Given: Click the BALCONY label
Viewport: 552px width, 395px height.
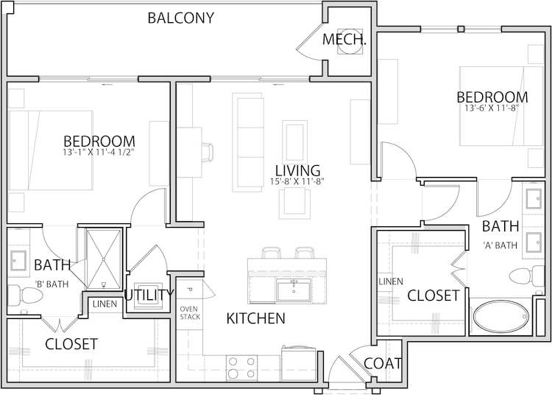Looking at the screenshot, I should pos(181,18).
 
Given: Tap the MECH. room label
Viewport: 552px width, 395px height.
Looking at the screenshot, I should pos(344,40).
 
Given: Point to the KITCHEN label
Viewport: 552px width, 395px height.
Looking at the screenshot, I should pos(255,319).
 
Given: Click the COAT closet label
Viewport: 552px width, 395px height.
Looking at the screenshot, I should pos(383,363).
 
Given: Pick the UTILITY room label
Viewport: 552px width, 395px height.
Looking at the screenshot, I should pos(149,296).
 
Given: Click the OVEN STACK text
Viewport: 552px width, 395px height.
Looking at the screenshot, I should pos(189,312).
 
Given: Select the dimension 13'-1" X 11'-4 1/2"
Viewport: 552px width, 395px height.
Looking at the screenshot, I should pos(99,153).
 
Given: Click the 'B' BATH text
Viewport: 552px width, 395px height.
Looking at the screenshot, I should pos(52,282).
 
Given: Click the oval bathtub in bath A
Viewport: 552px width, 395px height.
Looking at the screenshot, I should pos(500,317).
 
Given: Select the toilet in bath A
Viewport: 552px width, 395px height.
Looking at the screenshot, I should pos(523,277).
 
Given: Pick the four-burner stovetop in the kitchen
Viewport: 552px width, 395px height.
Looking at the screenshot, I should pos(241,367).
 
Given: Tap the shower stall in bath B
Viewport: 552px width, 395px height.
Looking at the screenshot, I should pos(102,258).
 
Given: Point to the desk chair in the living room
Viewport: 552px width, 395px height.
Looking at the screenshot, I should pos(208,152).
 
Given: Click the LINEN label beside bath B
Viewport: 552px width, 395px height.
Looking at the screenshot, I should pos(102,304).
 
